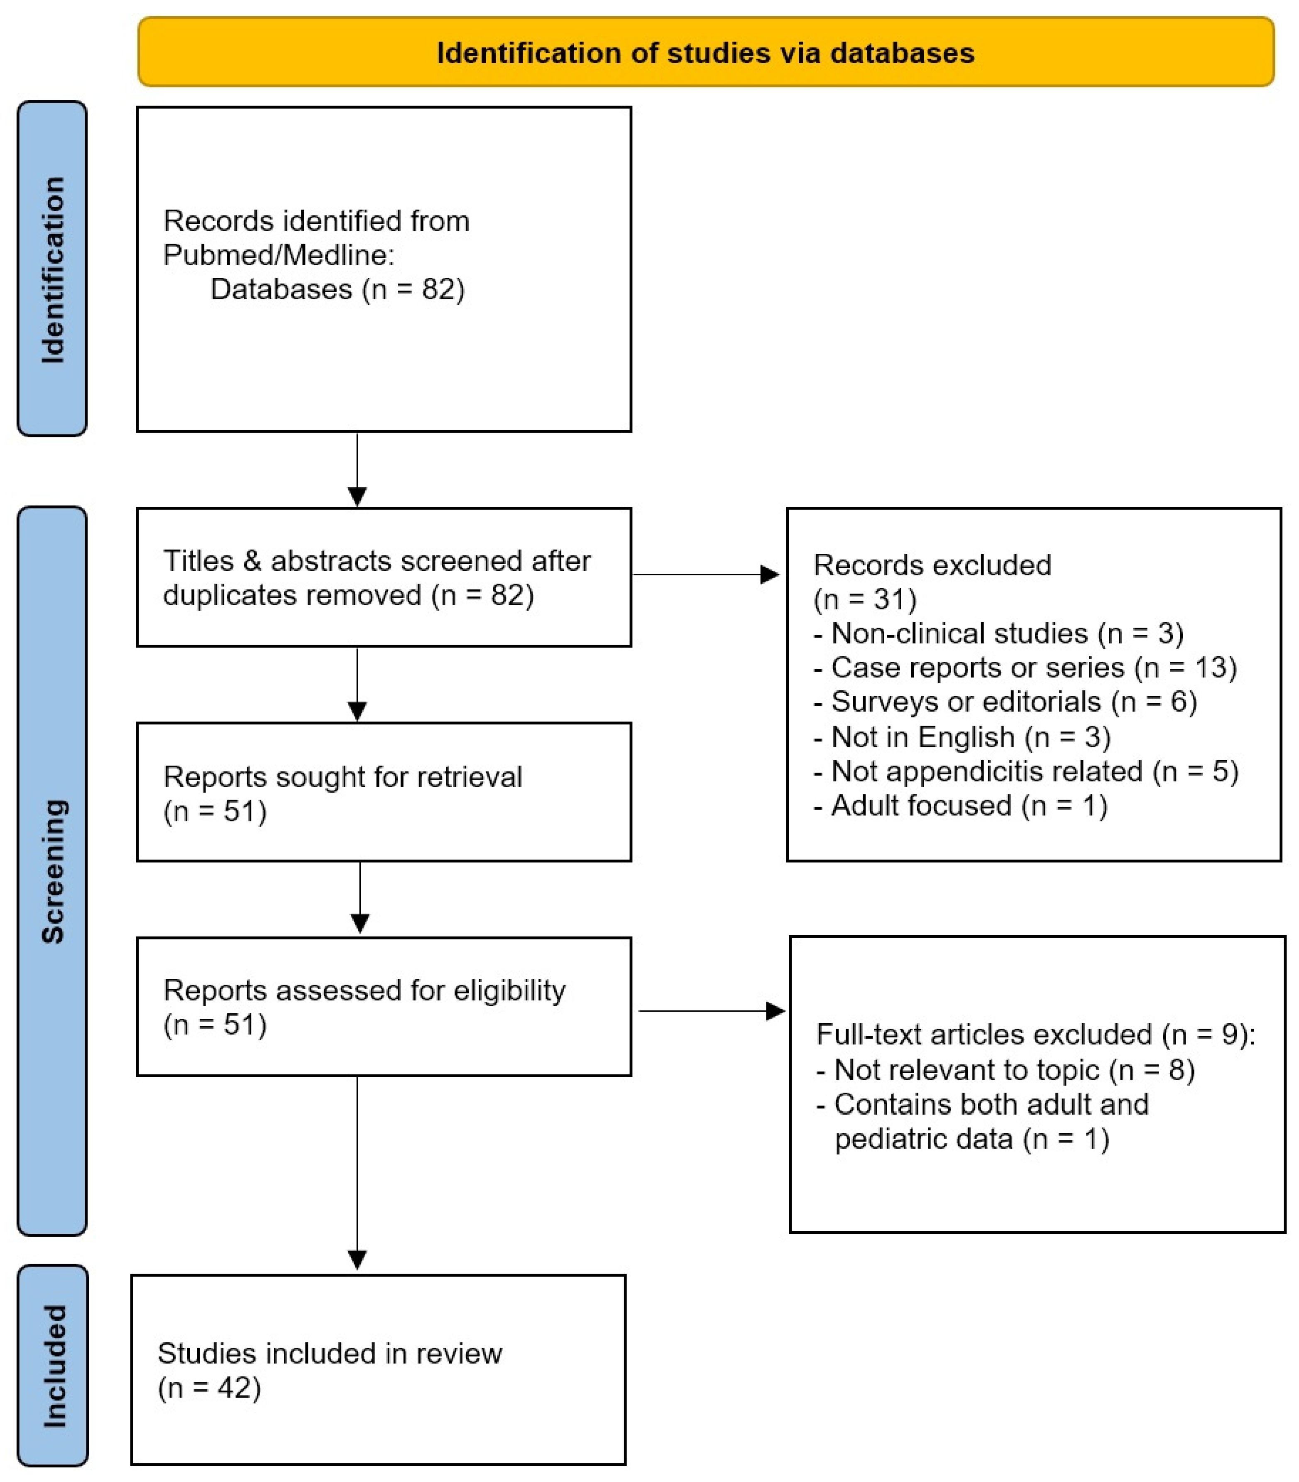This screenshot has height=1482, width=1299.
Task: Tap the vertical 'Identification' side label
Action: [x=53, y=269]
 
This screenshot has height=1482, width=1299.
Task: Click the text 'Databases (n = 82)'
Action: [x=337, y=289]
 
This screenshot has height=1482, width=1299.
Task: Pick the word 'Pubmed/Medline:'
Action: [x=278, y=255]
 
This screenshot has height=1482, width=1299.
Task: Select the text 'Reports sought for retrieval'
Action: [x=342, y=777]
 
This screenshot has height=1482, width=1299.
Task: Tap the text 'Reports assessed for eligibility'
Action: [x=364, y=990]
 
